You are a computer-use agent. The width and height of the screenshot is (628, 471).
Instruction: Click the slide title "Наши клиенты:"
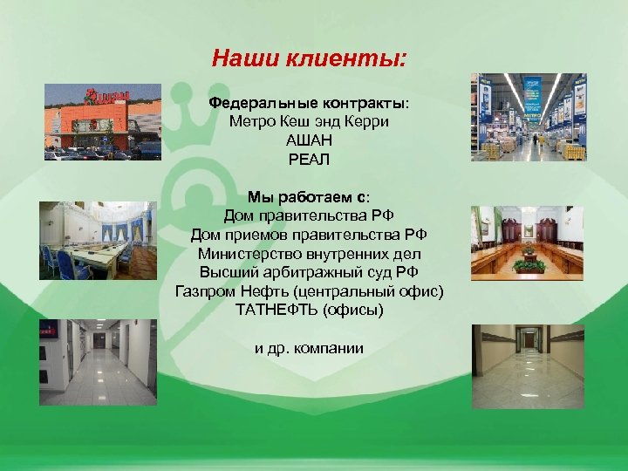click(x=309, y=59)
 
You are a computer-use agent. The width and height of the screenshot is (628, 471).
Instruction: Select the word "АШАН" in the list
click(x=309, y=140)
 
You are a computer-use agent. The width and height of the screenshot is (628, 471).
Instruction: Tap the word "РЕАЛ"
click(x=309, y=160)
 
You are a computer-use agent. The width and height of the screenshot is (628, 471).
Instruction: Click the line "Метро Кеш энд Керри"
click(x=309, y=121)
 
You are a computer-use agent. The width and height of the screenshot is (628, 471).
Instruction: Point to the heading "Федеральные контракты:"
click(x=309, y=102)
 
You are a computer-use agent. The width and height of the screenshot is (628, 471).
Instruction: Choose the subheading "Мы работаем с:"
click(x=309, y=196)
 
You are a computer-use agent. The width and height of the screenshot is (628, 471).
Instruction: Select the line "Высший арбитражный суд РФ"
click(x=309, y=272)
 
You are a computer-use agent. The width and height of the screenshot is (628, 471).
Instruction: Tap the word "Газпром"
click(x=205, y=291)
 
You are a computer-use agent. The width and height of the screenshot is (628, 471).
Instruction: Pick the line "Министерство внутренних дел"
click(x=309, y=254)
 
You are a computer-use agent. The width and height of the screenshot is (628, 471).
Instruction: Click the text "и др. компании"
click(x=309, y=348)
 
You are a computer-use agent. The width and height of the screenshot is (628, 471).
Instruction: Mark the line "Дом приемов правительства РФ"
click(x=309, y=235)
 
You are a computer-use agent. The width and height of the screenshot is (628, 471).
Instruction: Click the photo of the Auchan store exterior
click(x=103, y=122)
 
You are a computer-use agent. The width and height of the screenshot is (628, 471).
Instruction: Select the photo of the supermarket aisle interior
click(x=527, y=117)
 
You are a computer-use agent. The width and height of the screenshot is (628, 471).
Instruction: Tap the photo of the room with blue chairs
click(x=98, y=241)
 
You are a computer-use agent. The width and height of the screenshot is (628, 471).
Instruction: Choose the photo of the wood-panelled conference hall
click(x=527, y=241)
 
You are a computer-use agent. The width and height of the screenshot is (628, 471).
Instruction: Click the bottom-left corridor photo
click(x=98, y=362)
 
